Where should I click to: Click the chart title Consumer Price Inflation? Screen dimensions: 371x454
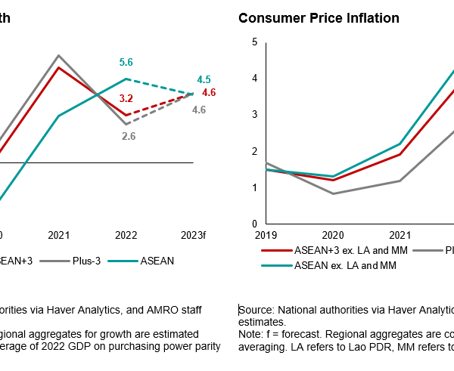click(x=319, y=17)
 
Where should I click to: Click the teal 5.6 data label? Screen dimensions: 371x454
click(x=127, y=63)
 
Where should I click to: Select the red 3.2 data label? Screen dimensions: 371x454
click(x=126, y=98)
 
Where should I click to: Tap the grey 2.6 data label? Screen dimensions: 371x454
click(x=129, y=136)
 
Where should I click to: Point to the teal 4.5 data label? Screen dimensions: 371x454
click(x=204, y=79)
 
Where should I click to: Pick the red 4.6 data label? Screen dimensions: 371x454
click(x=210, y=92)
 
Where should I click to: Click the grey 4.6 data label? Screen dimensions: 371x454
click(x=199, y=110)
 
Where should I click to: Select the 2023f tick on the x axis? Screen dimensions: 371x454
click(x=193, y=236)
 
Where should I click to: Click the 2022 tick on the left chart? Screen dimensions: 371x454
click(x=126, y=236)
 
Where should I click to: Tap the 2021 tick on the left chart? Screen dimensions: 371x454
click(x=58, y=236)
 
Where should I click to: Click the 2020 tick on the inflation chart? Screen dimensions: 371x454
click(x=333, y=236)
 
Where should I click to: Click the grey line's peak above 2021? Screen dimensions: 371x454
click(x=58, y=55)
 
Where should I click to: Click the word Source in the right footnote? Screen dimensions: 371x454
click(x=257, y=310)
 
